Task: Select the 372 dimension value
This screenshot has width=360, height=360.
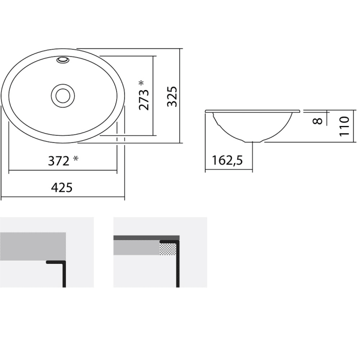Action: point(59,161)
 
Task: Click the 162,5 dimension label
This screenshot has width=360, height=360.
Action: point(227,161)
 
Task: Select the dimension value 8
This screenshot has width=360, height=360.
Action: point(317,120)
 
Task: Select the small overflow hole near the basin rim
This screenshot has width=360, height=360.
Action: point(63,60)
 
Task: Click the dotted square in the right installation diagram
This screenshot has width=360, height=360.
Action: point(167,249)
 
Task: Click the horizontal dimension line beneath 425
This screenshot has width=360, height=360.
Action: point(63,197)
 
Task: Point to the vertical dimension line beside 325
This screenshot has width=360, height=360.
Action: point(182,96)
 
